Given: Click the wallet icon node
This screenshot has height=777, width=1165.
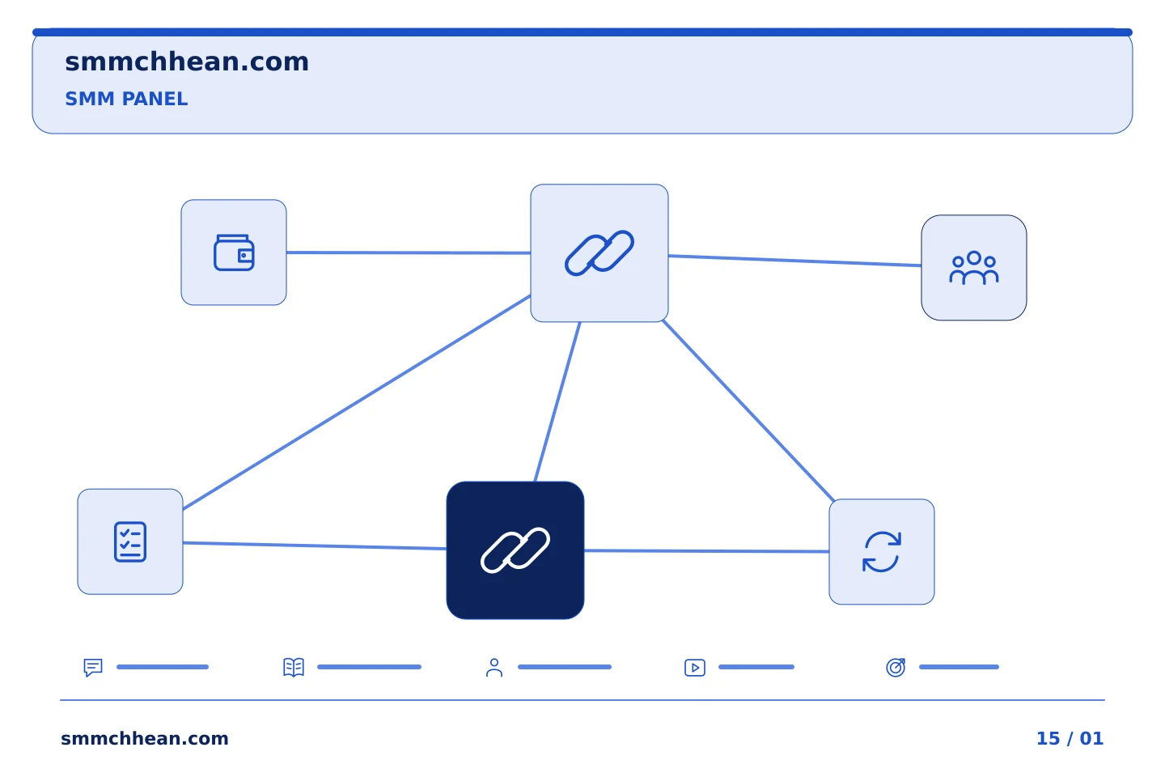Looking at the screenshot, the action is click(x=234, y=253).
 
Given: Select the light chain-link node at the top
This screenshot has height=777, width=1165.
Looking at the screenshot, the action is click(x=599, y=253).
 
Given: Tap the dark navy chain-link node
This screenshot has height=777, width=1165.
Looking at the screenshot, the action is click(x=515, y=550).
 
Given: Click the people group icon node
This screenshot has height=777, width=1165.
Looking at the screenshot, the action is click(x=973, y=268).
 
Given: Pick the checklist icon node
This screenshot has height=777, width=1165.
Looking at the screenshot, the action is click(x=130, y=541).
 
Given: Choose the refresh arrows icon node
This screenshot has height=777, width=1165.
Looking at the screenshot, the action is click(x=882, y=552).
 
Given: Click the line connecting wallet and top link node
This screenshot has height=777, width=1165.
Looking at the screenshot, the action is click(x=409, y=253).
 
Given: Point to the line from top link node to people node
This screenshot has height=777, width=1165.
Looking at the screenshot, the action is click(x=794, y=261).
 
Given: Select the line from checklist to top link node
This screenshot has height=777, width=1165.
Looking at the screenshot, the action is click(x=357, y=402).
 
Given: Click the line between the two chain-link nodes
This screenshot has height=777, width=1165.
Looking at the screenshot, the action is click(x=557, y=401).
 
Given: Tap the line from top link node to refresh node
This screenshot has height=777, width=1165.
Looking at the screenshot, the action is click(x=748, y=410).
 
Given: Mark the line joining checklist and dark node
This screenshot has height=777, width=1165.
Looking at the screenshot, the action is click(x=315, y=546).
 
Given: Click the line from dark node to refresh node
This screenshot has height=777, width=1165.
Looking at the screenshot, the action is click(x=706, y=551).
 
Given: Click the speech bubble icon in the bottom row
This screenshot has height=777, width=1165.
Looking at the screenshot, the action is click(x=93, y=667).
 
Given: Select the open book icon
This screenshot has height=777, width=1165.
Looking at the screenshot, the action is click(x=294, y=667).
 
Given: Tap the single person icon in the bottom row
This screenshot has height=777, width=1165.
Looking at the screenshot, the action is click(x=494, y=667).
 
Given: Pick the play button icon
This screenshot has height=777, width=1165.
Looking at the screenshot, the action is click(x=695, y=668).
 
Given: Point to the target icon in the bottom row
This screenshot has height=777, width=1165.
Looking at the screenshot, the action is click(x=896, y=667).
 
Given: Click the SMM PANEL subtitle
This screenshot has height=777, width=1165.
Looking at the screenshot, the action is click(x=126, y=99).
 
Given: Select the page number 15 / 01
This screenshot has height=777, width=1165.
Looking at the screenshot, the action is click(x=1070, y=738).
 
